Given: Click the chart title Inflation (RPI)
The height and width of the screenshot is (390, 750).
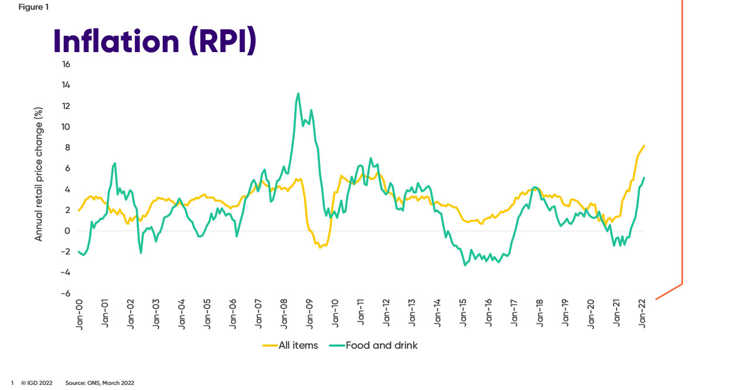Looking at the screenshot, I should (155, 41).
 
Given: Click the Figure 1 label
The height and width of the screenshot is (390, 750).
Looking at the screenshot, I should (33, 7).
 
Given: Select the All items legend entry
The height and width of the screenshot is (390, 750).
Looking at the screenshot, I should (291, 345).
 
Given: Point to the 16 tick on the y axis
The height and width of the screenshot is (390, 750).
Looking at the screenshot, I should (66, 64).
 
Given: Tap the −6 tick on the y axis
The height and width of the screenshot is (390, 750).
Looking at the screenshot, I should (66, 293).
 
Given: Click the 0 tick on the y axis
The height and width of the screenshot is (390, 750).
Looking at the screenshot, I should (67, 231).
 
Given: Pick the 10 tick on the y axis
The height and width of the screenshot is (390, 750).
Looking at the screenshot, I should (66, 126).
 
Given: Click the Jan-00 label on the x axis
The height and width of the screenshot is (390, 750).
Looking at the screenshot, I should (80, 314).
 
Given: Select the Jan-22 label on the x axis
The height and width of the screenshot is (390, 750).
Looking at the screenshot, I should (643, 314).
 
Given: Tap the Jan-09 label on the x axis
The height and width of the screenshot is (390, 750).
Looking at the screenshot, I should (310, 314).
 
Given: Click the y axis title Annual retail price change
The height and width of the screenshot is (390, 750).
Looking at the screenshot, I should (39, 174).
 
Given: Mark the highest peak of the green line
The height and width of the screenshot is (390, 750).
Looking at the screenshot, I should (298, 93).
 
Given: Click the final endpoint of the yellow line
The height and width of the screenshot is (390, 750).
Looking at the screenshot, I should (645, 145).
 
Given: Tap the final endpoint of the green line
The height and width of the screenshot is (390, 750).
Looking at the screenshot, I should (645, 178).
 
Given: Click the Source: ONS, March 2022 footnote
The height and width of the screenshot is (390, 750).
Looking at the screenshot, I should (100, 383).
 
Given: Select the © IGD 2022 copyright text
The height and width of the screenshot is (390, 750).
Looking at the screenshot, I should (36, 383).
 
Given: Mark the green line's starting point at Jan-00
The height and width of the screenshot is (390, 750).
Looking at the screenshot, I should (79, 252).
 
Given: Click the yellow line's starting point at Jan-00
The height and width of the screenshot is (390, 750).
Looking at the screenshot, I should (79, 210).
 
